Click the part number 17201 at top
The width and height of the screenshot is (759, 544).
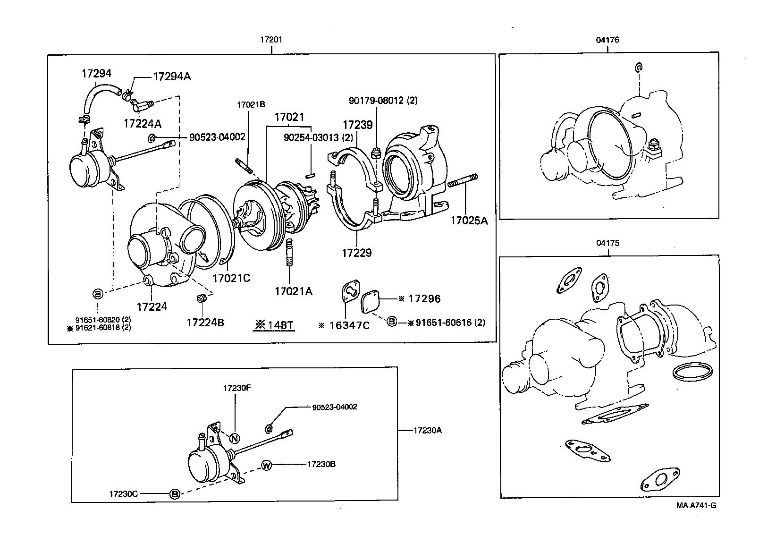[271, 40]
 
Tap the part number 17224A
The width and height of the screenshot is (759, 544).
[142, 124]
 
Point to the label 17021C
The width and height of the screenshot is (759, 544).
[231, 278]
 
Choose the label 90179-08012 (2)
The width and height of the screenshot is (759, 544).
[383, 101]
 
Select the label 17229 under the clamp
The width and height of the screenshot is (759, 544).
[356, 253]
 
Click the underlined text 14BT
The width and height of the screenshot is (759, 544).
[274, 325]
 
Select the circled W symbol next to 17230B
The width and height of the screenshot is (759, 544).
[267, 466]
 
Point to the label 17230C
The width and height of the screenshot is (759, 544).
[123, 494]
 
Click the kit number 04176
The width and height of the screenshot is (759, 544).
[607, 40]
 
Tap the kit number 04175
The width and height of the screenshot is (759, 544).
[607, 243]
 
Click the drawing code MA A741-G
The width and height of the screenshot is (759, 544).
[696, 505]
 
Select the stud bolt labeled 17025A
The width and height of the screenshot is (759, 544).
[463, 182]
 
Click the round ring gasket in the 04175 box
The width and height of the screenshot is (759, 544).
[692, 372]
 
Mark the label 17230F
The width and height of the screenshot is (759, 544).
[237, 388]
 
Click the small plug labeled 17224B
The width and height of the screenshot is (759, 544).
[202, 298]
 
